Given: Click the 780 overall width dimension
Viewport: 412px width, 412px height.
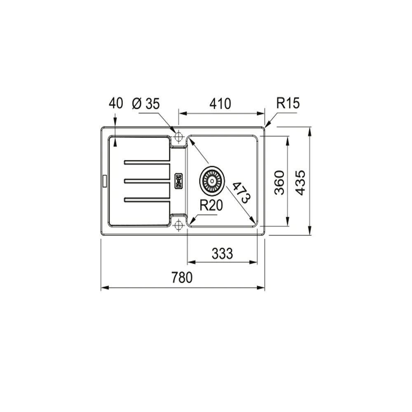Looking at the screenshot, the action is tap(182, 278).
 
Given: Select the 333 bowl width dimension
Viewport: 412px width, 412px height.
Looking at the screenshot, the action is tap(222, 253).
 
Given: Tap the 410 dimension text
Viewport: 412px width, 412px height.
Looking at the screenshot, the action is tap(220, 103).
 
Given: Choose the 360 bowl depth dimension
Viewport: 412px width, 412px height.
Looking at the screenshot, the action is tap(279, 183).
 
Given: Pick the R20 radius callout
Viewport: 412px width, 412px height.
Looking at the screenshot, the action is tap(211, 205).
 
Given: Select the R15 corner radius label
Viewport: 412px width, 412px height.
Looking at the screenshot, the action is tap(288, 103).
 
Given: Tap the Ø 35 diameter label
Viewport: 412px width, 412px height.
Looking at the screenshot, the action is tap(146, 104).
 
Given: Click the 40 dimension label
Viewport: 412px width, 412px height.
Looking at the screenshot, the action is tap(116, 103).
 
